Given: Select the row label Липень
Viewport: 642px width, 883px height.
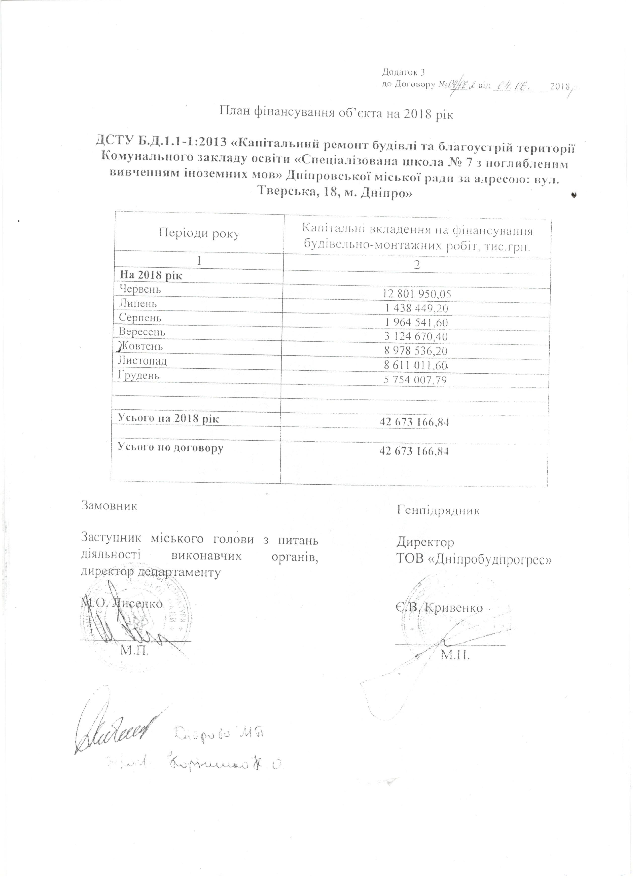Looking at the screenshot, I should tap(138, 303).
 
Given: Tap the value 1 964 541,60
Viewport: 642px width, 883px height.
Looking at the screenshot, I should tap(416, 322).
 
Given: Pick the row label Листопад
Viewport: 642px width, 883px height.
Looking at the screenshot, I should tap(143, 361).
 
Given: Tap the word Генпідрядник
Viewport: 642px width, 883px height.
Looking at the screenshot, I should tap(438, 510).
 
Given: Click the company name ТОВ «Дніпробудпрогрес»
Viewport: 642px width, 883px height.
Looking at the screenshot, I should tap(474, 559).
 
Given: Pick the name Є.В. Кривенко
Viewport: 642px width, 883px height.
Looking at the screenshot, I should tap(440, 608).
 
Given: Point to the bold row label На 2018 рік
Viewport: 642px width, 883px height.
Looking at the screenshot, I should tap(151, 275).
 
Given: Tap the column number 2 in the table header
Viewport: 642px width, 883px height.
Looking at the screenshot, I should tap(417, 265).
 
